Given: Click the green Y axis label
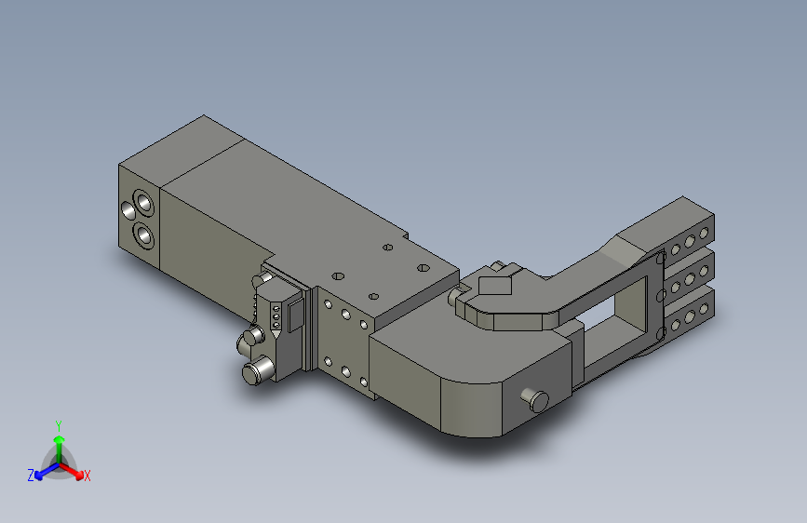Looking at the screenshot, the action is point(59,426).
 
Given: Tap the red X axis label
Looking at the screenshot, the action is point(87,476).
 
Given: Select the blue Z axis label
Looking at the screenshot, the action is point(31,476).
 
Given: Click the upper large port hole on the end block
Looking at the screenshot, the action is point(143,203).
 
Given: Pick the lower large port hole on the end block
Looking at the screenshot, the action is point(143,235).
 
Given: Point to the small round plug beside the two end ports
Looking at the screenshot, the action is point(128,209).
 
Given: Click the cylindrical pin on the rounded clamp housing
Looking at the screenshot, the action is point(535,400).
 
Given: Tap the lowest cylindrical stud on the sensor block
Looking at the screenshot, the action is point(258,370).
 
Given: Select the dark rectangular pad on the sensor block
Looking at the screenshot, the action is point(295,316).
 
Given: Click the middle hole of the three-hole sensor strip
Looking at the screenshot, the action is point(276,317).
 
